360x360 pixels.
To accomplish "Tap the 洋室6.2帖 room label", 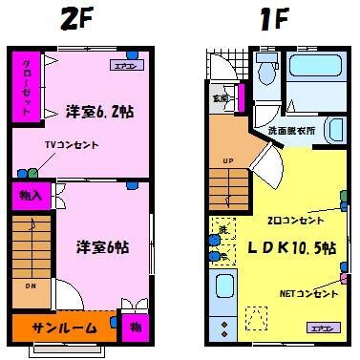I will click(x=98, y=112).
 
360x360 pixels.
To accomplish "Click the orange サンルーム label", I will click(x=63, y=327).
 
